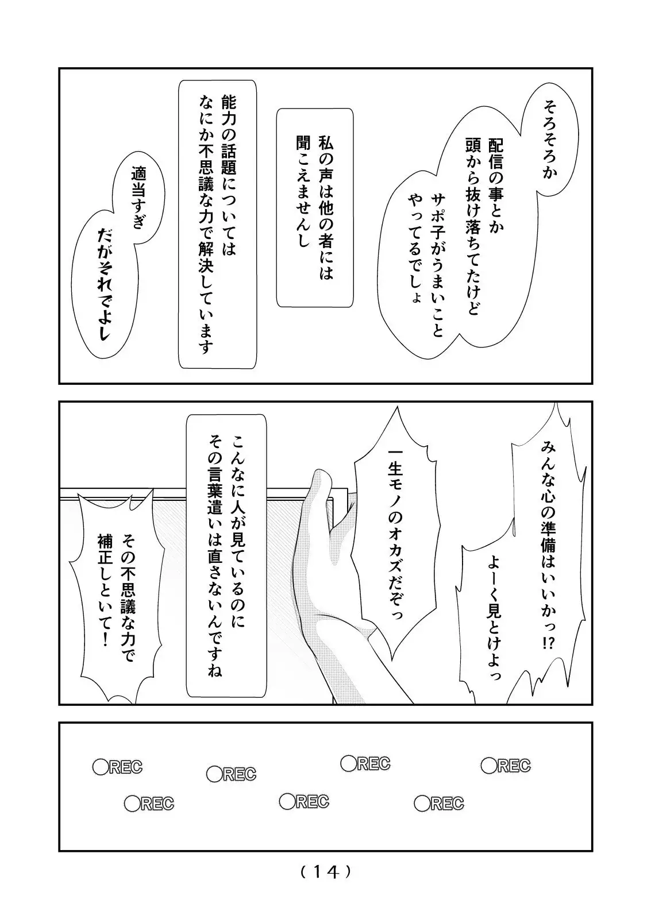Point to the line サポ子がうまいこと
(438, 265)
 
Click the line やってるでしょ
(415, 248)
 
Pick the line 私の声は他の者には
(326, 207)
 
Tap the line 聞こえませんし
(303, 191)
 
